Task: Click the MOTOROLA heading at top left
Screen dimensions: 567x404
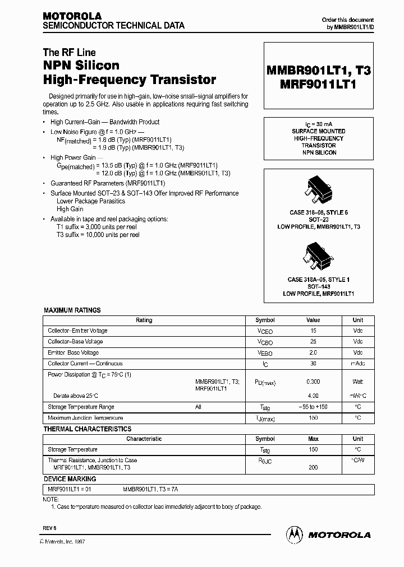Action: [72, 16]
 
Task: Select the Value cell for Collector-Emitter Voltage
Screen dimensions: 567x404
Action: [313, 331]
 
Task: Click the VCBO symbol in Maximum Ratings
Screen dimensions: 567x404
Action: [265, 342]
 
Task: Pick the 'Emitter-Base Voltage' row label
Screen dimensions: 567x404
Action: [74, 353]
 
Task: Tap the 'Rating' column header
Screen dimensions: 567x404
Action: [144, 320]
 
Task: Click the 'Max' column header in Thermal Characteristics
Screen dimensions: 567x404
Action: [313, 439]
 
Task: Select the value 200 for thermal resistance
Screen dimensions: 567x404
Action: [313, 467]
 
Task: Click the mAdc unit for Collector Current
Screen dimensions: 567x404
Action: [357, 364]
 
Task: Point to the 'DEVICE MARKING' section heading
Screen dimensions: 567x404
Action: [70, 479]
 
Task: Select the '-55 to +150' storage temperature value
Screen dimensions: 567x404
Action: [313, 407]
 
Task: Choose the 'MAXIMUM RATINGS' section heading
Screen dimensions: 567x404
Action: [72, 310]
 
